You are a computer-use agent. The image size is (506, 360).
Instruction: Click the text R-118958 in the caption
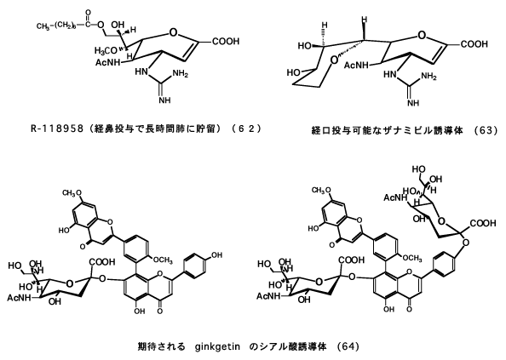click(x=56, y=129)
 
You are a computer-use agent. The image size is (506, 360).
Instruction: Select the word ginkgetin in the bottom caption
click(x=217, y=347)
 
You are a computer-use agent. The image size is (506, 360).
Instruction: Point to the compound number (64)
click(x=348, y=346)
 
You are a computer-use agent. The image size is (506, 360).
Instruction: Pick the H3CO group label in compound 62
click(x=106, y=50)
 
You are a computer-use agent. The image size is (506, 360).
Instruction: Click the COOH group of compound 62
click(x=226, y=41)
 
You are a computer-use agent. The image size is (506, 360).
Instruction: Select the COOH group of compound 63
click(x=474, y=44)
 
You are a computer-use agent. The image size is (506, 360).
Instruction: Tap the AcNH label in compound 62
click(x=107, y=62)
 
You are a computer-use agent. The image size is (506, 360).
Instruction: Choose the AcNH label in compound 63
click(x=356, y=66)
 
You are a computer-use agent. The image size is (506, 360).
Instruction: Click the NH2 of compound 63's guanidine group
click(x=428, y=77)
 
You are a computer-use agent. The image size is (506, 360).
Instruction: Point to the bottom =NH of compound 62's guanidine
click(x=164, y=100)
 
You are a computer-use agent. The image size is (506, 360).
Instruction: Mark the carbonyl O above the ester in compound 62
click(x=88, y=14)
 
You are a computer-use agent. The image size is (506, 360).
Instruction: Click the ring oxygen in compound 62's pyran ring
click(x=173, y=32)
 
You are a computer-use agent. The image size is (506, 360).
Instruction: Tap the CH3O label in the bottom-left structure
click(x=72, y=193)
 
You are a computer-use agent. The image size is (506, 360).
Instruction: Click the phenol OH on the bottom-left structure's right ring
click(x=217, y=255)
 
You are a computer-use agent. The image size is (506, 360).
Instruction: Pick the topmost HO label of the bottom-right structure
click(x=419, y=169)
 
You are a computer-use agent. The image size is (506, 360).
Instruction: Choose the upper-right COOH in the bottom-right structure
click(x=483, y=223)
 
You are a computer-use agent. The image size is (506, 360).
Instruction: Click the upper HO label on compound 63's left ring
click(x=305, y=46)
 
